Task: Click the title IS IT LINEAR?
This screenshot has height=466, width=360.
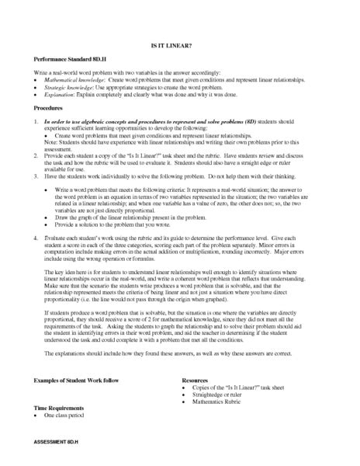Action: pyautogui.click(x=180, y=46)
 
